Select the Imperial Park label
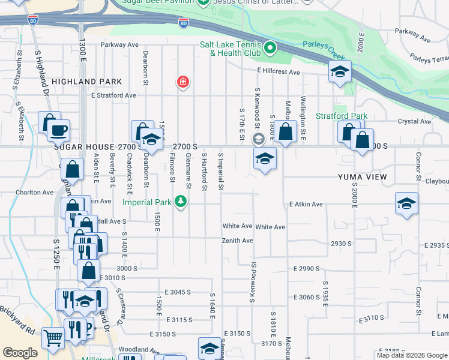pyautogui.click(x=148, y=202)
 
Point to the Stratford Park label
pyautogui.click(x=342, y=116)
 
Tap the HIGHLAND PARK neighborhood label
pyautogui.click(x=86, y=82)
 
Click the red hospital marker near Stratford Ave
pyautogui.click(x=182, y=82)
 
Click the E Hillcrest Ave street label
pyautogui.click(x=279, y=72)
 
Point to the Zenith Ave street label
pyautogui.click(x=238, y=241)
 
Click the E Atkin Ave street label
pyautogui.click(x=306, y=205)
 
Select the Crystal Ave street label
pyautogui.click(x=414, y=121)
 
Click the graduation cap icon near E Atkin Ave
pyautogui.click(x=406, y=204)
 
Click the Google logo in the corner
pyautogui.click(x=20, y=353)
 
